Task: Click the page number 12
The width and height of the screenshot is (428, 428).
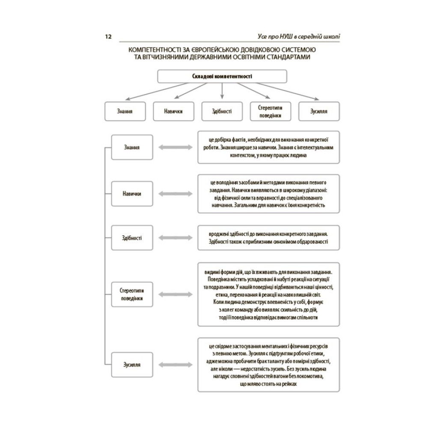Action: (x=108, y=36)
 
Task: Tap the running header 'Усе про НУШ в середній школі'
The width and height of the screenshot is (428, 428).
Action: (x=299, y=36)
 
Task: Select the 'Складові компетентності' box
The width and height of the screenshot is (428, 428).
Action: (x=222, y=76)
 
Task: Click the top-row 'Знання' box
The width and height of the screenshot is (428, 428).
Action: (x=125, y=111)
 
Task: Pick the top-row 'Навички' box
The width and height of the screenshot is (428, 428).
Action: (x=174, y=111)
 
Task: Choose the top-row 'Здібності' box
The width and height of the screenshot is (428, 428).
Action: (x=222, y=111)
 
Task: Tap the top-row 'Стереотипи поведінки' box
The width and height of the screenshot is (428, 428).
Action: (x=270, y=111)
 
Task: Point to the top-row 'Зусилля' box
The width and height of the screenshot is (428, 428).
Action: (x=319, y=111)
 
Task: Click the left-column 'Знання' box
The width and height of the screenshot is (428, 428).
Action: (x=132, y=147)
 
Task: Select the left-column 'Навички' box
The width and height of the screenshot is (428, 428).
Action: (x=132, y=193)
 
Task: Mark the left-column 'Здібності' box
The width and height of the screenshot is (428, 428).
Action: (x=132, y=238)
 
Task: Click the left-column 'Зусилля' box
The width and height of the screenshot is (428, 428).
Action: (x=132, y=365)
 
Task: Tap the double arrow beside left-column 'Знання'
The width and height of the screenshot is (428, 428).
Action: (x=175, y=147)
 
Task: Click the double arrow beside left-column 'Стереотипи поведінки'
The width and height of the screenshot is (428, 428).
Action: (x=175, y=294)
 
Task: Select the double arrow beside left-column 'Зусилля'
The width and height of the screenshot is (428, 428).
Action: (x=175, y=365)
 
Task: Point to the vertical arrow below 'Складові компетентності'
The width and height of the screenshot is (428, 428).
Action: (x=222, y=91)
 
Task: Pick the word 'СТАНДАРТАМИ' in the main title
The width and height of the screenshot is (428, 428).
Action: (x=288, y=57)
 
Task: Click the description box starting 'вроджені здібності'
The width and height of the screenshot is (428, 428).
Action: (x=269, y=238)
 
